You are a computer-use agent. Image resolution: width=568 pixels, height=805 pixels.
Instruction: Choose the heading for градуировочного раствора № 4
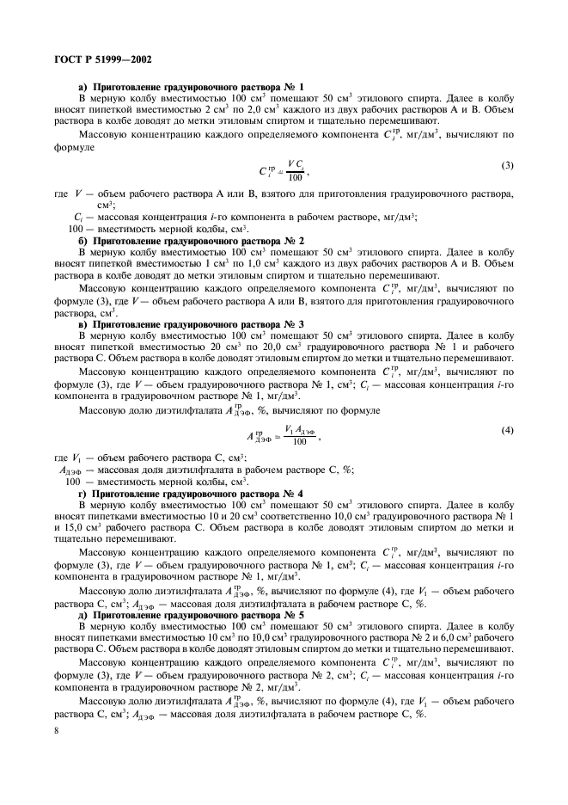159,495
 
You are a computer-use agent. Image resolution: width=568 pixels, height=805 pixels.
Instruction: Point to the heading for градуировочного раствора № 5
159,618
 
